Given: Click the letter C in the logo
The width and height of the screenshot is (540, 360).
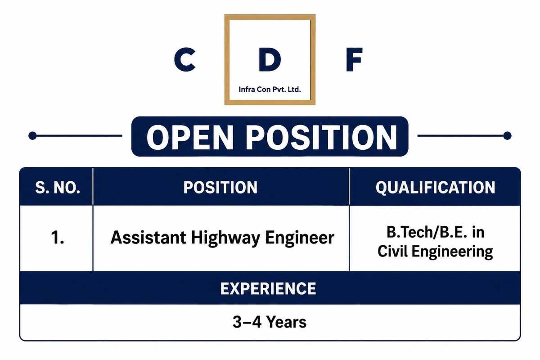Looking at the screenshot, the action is click(184, 59).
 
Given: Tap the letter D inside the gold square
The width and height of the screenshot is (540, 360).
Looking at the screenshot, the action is click(270, 59).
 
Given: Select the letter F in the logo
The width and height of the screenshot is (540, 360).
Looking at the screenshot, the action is click(354, 59).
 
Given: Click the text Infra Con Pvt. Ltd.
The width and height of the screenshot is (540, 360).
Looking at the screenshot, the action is click(270, 90).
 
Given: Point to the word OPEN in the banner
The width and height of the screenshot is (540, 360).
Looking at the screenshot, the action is click(190, 137).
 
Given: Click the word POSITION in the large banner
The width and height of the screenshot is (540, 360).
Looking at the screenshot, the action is click(321, 137).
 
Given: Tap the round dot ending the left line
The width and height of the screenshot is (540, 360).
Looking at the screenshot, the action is click(32, 136).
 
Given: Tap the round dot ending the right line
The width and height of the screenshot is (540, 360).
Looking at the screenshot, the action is click(508, 136).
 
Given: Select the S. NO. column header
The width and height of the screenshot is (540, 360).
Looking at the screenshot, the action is click(58, 187).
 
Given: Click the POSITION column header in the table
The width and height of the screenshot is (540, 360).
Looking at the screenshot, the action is click(220, 187).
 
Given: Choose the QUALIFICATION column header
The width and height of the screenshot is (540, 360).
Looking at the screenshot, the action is click(436, 188).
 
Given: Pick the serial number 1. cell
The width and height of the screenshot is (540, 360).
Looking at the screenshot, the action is click(58, 238).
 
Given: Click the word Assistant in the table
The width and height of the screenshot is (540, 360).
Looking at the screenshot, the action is click(148, 238).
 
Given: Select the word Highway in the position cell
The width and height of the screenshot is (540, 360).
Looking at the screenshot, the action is click(225, 238).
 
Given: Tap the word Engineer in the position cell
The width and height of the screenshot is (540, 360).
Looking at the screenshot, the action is click(300, 238).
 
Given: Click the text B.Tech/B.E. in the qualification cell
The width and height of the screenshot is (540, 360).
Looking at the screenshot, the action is click(427, 232).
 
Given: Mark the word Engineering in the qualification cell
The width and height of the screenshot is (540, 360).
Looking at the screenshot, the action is click(452, 252).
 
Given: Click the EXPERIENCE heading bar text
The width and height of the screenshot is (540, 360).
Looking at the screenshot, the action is click(268, 288).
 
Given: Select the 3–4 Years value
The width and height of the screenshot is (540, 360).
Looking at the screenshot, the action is click(270, 322).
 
